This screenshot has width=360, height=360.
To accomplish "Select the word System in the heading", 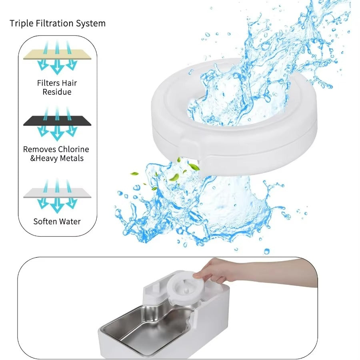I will click(92, 23).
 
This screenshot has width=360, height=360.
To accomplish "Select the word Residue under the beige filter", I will click(57, 92).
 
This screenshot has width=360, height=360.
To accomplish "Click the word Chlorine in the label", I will click(73, 149).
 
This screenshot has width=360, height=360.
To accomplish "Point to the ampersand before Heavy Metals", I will click(34, 158).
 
